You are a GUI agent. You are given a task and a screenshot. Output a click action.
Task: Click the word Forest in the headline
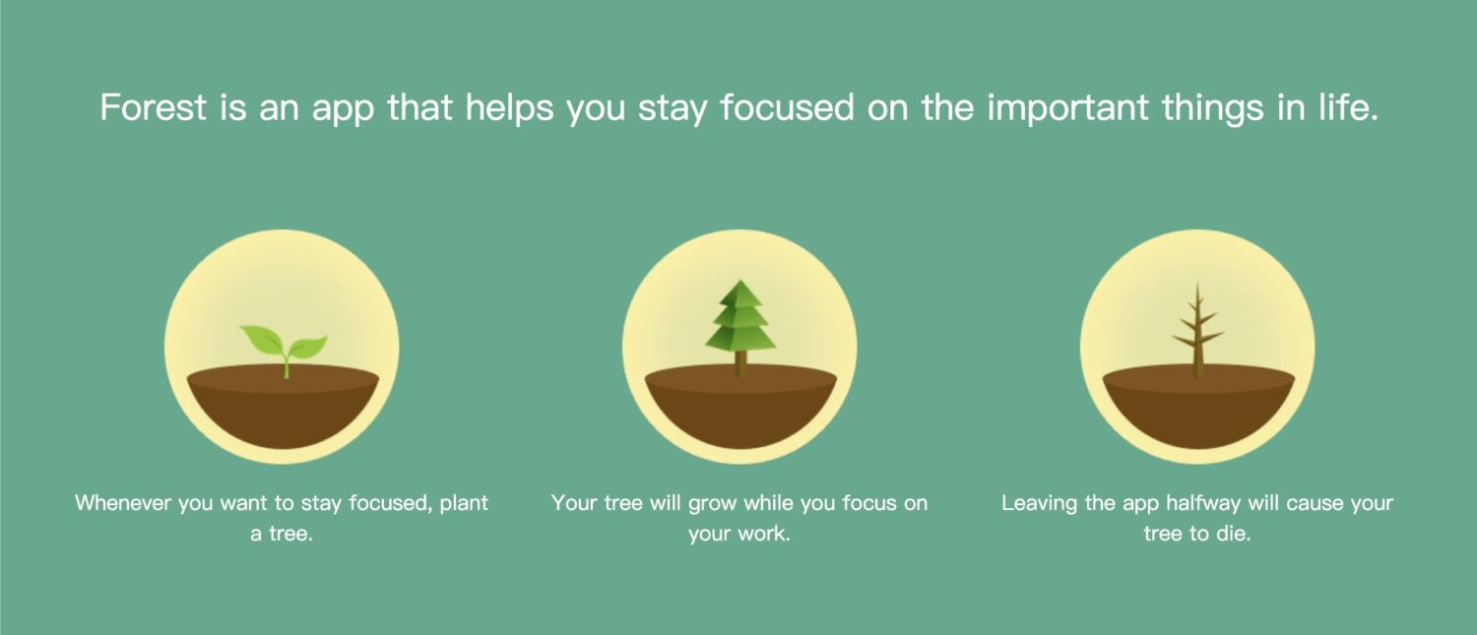pos(153,107)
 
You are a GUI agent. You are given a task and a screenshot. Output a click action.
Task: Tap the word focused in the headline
pos(788,107)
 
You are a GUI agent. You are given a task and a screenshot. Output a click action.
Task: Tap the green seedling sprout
pos(285,349)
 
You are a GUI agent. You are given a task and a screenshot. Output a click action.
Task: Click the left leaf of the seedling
pos(262,339)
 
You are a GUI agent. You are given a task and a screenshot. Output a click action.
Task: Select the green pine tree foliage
pos(740,315)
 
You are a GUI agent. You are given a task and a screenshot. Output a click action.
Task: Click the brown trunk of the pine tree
pos(740,363)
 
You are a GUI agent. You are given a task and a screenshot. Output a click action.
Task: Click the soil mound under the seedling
pos(283,407)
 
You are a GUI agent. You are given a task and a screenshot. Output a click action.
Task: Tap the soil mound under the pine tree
pos(740,407)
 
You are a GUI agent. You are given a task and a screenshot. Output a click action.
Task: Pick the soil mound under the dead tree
pos(1198,407)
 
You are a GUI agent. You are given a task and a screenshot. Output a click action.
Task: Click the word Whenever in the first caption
pos(123,503)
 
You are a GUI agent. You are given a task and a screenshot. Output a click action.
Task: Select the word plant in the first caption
pos(464,504)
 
